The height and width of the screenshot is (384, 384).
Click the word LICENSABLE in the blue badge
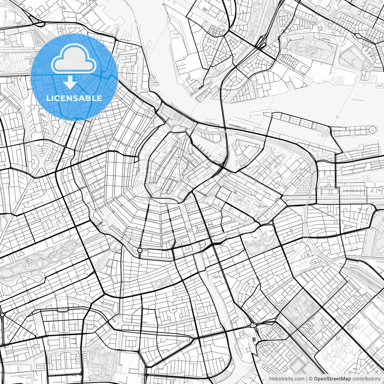pos(74,98)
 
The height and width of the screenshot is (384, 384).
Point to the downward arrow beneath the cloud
pos(70,82)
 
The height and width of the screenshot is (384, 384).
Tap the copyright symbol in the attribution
pos(311,379)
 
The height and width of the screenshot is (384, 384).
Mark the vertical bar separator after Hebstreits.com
pos(306,379)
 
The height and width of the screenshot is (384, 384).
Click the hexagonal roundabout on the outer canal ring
pos(140,250)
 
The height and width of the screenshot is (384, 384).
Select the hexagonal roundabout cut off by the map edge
pos(2,315)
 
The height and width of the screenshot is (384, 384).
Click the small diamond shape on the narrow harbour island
pos(359,131)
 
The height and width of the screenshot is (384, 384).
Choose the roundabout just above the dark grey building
pos(253,325)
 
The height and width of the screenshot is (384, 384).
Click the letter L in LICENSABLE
pos(48,98)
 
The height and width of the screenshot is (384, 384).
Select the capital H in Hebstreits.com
pos(271,379)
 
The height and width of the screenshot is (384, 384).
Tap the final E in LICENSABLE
pos(100,98)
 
